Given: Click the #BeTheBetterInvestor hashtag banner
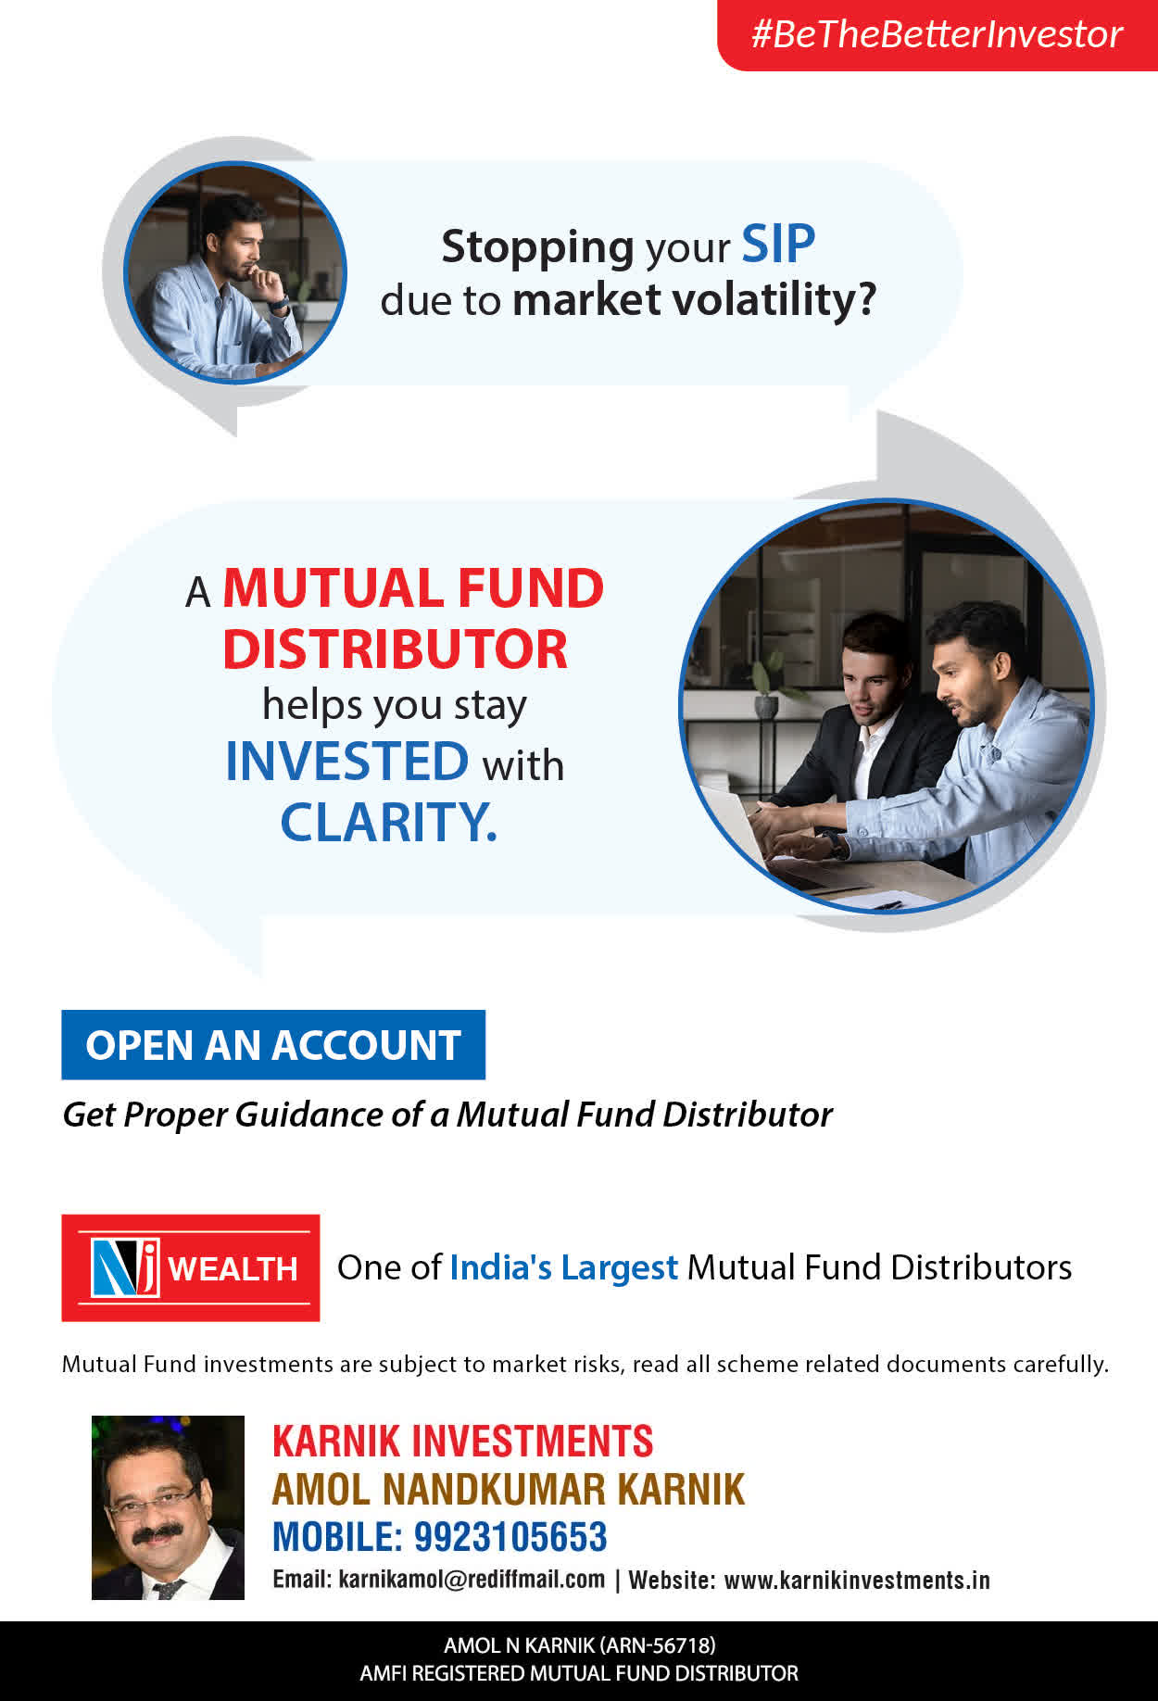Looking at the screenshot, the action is tap(938, 35).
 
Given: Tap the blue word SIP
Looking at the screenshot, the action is tap(778, 245).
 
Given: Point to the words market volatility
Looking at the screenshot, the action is tap(694, 300).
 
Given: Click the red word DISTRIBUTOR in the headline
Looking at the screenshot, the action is tap(396, 649).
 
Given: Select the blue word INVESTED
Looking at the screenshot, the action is tap(347, 762).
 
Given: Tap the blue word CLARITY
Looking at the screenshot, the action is tap(389, 822).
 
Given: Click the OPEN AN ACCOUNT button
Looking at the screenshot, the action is tap(273, 1045).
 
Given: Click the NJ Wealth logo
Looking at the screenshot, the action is tap(191, 1267).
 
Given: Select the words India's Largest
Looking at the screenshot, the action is tap(564, 1267).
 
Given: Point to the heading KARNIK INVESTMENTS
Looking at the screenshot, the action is tap(463, 1442).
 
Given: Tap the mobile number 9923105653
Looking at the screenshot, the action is tap(510, 1537).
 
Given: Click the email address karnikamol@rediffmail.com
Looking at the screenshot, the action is tap(472, 1580).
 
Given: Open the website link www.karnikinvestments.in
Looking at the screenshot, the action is tap(857, 1580).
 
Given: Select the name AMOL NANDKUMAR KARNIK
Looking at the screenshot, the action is tap(509, 1490).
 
